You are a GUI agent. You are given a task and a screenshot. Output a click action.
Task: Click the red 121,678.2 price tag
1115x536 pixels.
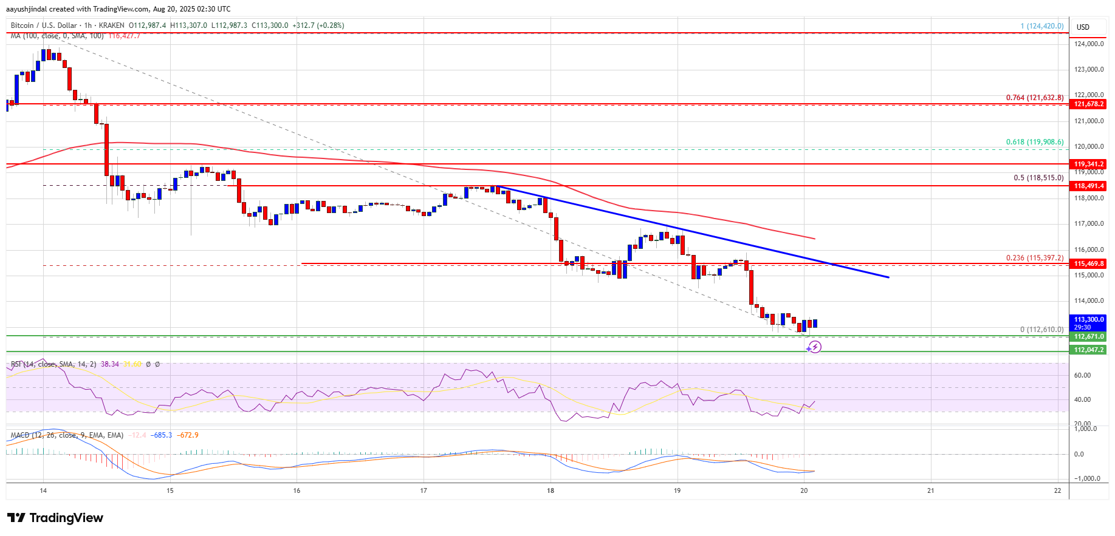1088,104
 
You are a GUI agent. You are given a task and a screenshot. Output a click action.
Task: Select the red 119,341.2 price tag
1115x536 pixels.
1088,165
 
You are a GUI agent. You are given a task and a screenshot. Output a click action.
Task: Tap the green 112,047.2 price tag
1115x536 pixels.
1088,350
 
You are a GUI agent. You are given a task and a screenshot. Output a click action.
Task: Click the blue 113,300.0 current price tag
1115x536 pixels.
1088,319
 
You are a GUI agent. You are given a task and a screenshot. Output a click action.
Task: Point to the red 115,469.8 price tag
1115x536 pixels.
1088,263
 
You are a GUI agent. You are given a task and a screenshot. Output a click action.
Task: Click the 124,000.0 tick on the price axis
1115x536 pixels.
1088,44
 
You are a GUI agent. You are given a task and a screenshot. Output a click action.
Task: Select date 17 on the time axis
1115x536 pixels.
424,490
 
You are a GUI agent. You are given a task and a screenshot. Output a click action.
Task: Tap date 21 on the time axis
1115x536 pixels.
930,490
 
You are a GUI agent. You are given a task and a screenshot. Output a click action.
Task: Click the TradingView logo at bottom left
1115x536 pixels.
55,518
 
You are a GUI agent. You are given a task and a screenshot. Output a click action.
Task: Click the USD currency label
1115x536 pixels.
1083,27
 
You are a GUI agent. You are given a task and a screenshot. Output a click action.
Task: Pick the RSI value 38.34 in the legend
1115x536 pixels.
110,364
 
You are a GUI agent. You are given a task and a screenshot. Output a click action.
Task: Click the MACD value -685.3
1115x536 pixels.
162,435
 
